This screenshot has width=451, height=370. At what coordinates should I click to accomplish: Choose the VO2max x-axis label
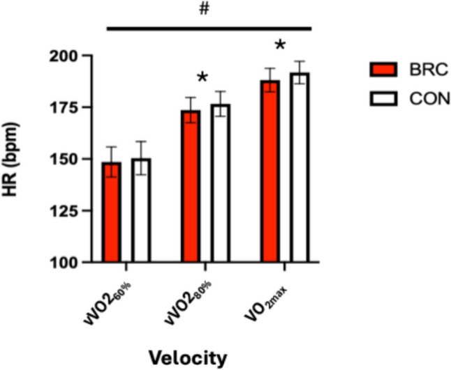pyautogui.click(x=283, y=293)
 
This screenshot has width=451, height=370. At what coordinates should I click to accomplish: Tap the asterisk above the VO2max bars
pyautogui.click(x=280, y=46)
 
